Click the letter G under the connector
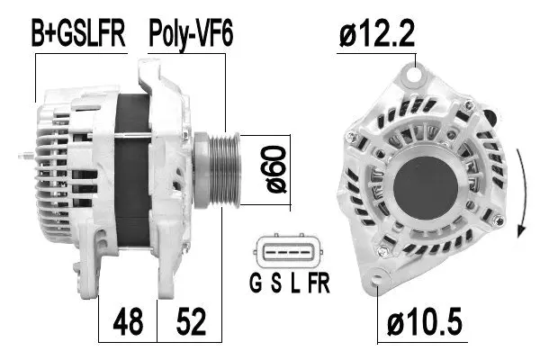255,286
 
